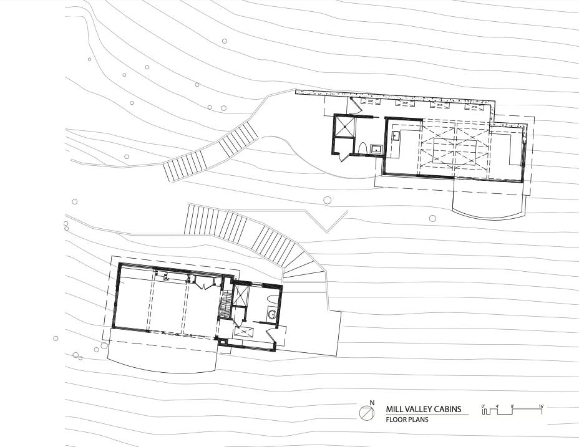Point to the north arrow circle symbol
coord(367,413)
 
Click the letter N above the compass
coord(372,403)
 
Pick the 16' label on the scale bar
coord(541,406)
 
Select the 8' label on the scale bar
coord(512,406)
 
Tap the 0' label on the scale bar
coord(483,406)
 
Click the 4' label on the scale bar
coord(497,406)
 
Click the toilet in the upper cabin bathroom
coord(362,148)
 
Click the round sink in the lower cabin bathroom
coord(273,315)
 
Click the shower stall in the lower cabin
coord(241,294)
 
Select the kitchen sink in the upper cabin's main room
coord(395,136)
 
